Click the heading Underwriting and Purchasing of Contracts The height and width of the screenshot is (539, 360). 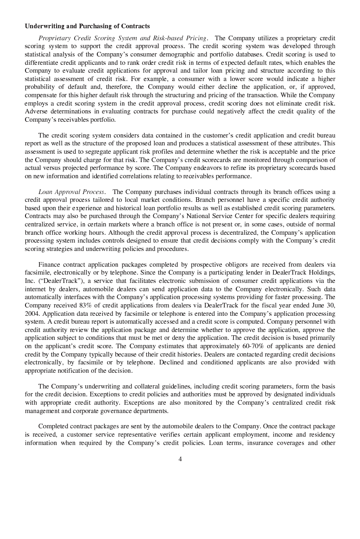87,26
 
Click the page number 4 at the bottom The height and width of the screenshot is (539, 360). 180,459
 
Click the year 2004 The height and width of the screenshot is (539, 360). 32,313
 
